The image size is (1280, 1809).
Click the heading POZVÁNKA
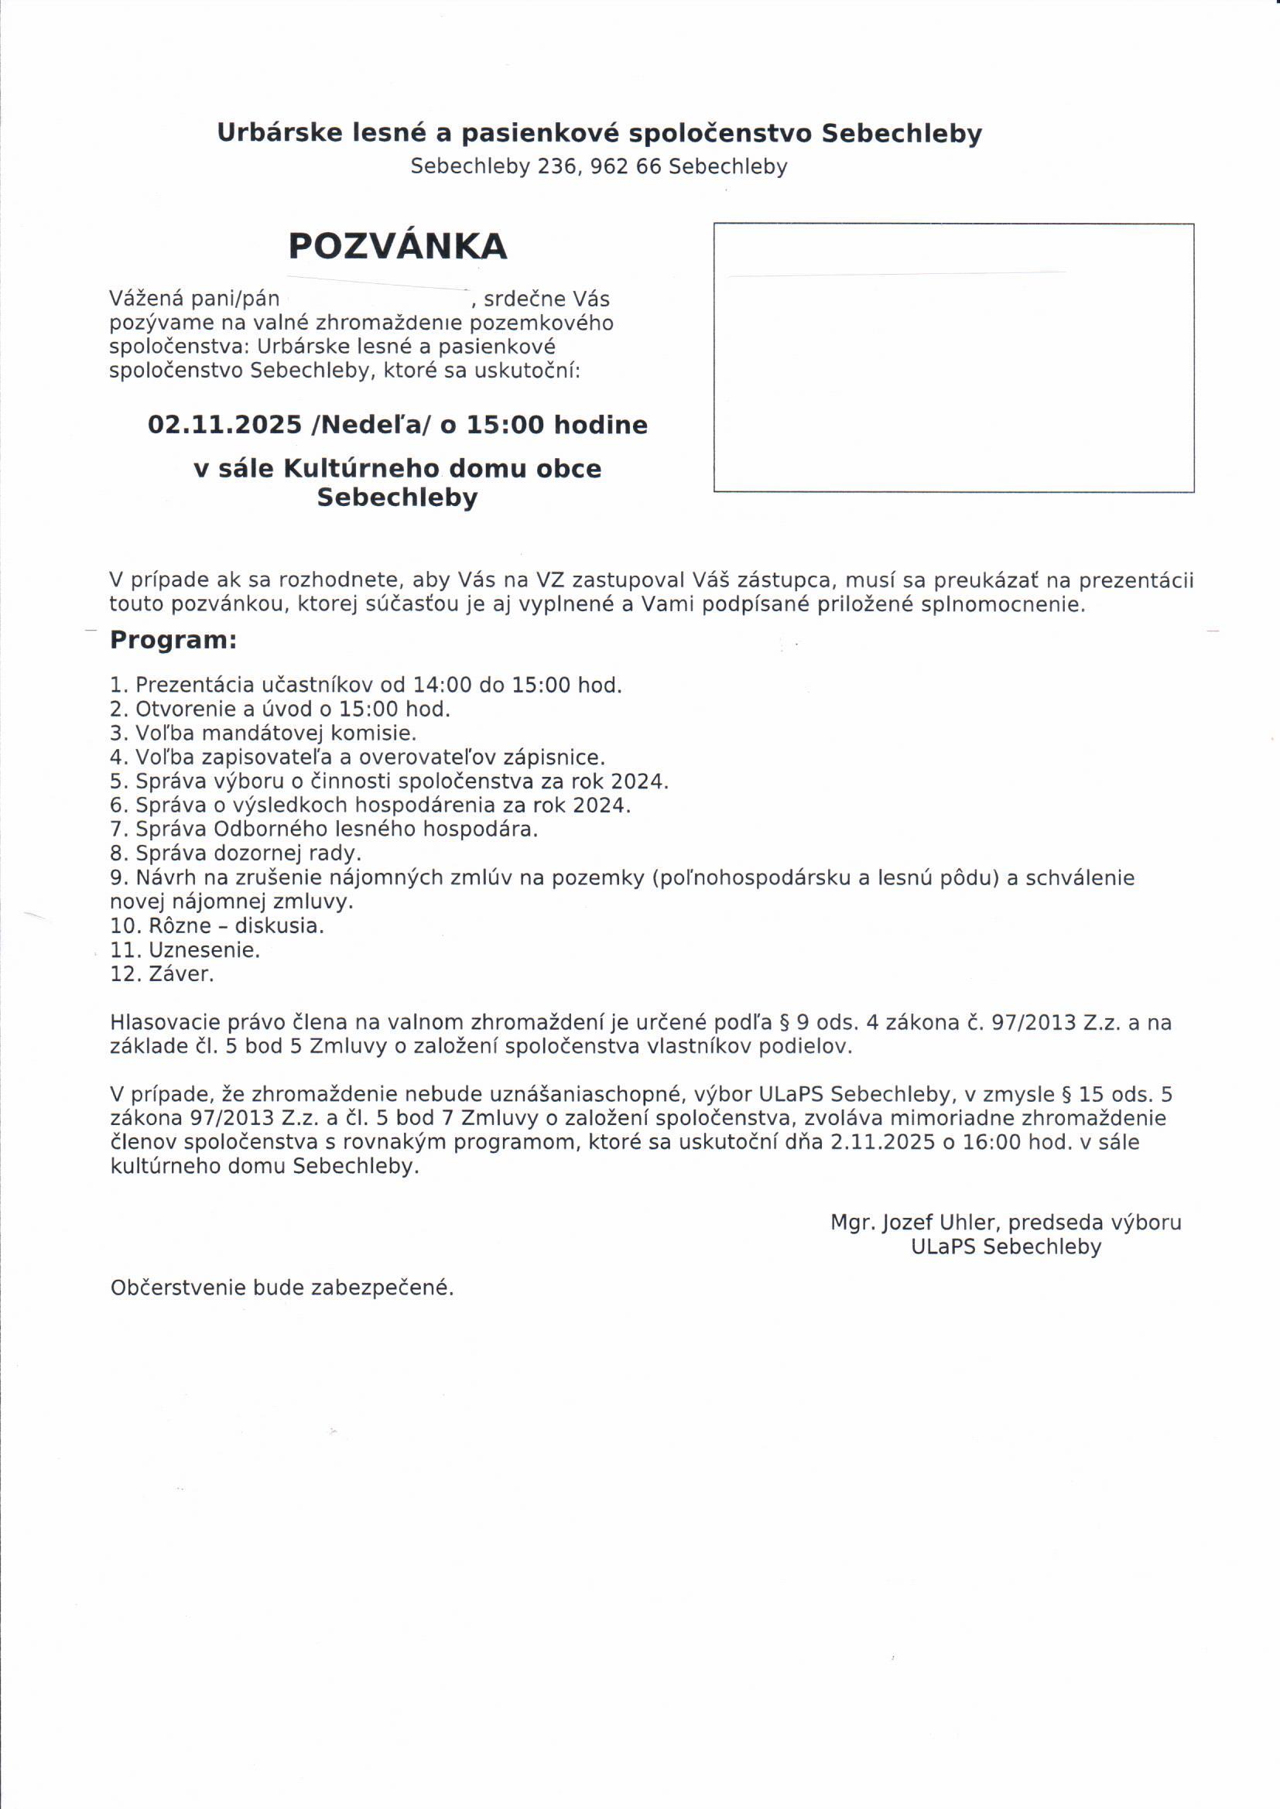coord(397,247)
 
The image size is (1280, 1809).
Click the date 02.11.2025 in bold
coord(224,426)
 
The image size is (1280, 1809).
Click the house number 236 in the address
coord(557,167)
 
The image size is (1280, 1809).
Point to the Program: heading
coord(173,640)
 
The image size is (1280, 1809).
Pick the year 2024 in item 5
coord(638,781)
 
